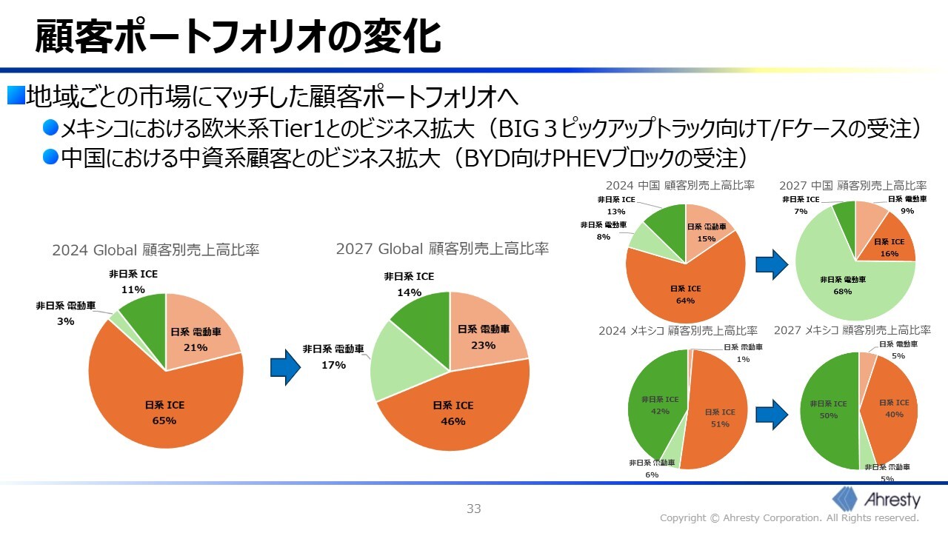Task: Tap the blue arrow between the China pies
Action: click(770, 264)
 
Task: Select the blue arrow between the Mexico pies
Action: click(771, 415)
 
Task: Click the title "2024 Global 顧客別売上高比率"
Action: click(156, 250)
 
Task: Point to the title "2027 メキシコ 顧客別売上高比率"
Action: click(852, 330)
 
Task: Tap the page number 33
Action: click(473, 509)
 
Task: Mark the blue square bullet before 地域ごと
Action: click(16, 95)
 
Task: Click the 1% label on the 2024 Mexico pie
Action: click(742, 360)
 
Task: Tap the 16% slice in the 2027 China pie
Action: click(889, 248)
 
